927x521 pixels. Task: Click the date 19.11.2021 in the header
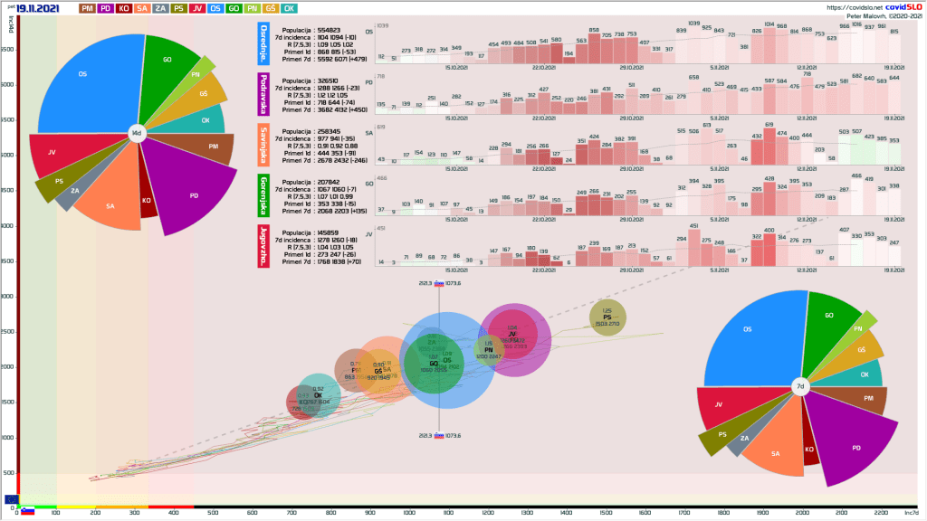37,8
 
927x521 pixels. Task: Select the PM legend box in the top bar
88,8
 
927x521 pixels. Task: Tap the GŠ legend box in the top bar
269,8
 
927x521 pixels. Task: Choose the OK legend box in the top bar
289,8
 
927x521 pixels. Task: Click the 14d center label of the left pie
137,133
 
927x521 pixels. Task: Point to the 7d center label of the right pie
800,386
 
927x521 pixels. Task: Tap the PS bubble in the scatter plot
607,317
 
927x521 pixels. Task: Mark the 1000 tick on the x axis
409,513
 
